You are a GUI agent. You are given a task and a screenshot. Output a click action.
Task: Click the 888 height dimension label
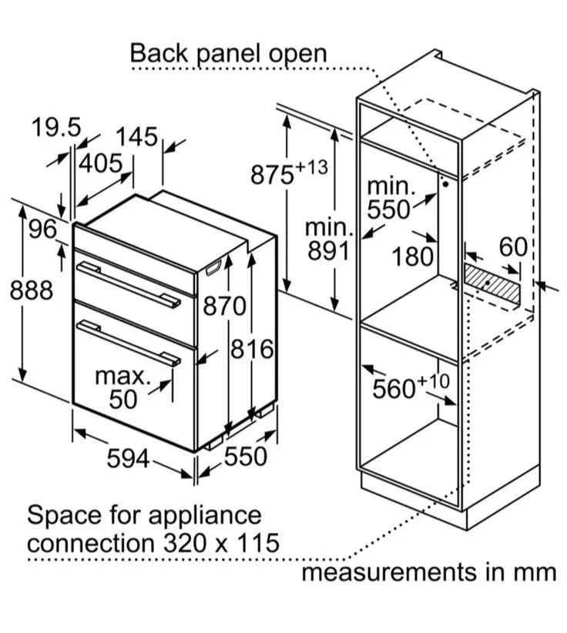pyautogui.click(x=32, y=290)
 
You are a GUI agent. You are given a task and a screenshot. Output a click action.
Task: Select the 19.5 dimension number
pyautogui.click(x=55, y=128)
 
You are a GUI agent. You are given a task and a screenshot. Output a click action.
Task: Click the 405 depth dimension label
pyautogui.click(x=101, y=163)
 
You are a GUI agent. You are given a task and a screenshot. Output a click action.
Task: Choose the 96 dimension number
pyautogui.click(x=43, y=229)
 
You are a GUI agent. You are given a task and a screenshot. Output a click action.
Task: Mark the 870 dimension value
pyautogui.click(x=224, y=306)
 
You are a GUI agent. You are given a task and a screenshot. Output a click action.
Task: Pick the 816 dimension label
pyautogui.click(x=253, y=349)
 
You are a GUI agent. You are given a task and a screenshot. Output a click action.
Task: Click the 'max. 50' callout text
pyautogui.click(x=122, y=387)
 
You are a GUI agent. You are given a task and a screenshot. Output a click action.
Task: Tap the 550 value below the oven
pyautogui.click(x=245, y=457)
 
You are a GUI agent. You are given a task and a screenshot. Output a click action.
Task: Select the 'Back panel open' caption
pyautogui.click(x=228, y=53)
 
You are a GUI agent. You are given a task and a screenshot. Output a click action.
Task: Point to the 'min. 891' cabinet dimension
pyautogui.click(x=328, y=239)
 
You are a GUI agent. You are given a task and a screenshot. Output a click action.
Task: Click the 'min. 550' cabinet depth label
pyautogui.click(x=390, y=197)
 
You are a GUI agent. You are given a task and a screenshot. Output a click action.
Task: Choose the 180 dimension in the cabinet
pyautogui.click(x=412, y=256)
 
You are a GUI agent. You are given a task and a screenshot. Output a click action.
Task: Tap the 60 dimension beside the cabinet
pyautogui.click(x=512, y=248)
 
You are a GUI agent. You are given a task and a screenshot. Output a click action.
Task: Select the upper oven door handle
pyautogui.click(x=129, y=284)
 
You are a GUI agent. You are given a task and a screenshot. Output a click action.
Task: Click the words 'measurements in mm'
pyautogui.click(x=428, y=572)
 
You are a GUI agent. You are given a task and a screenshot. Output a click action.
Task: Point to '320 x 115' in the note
pyautogui.click(x=220, y=542)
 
